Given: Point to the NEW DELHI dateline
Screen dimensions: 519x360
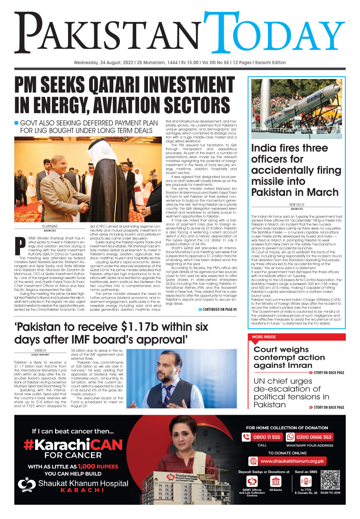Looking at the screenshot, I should coord(297,205).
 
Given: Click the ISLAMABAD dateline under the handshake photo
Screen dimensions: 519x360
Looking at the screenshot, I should coord(52,226).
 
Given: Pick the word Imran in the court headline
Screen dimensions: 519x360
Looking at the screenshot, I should coord(296,365).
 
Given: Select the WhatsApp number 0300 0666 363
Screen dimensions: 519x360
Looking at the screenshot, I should coord(314,437).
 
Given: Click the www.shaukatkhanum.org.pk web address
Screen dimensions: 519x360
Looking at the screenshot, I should coord(293,461).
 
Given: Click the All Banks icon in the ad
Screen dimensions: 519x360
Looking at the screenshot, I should coord(276,482).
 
